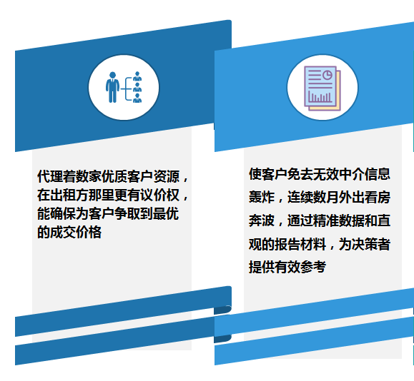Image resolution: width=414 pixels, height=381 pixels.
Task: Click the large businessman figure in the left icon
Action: tap(112, 87)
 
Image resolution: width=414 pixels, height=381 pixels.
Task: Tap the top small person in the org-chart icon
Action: tap(137, 76)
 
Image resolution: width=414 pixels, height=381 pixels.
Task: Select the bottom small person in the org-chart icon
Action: tap(137, 98)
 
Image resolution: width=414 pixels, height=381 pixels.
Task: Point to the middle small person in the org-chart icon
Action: tap(137, 87)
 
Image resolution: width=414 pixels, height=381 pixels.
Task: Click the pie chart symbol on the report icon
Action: tap(327, 75)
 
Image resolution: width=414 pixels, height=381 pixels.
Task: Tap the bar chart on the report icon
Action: tap(320, 97)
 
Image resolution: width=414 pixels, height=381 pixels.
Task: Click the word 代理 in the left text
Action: tap(50, 176)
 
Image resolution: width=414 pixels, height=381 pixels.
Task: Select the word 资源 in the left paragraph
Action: tap(167, 176)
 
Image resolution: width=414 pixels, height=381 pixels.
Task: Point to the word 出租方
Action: tap(69, 195)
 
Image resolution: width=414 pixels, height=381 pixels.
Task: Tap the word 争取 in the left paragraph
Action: tap(127, 213)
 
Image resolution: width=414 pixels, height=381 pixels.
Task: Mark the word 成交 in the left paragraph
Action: tap(63, 232)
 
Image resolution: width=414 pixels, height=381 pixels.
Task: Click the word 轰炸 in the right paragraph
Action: tap(262, 197)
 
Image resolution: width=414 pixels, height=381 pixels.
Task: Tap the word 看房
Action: tap(378, 197)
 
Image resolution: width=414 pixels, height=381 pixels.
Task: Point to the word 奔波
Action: tap(262, 220)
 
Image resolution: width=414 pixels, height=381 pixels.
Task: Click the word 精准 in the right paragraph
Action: tap(326, 220)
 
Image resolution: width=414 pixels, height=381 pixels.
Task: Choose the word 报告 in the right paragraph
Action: tap(287, 244)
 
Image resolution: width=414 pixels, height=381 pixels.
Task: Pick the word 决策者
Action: tap(371, 244)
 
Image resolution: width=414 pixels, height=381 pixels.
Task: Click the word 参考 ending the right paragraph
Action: tap(313, 267)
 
